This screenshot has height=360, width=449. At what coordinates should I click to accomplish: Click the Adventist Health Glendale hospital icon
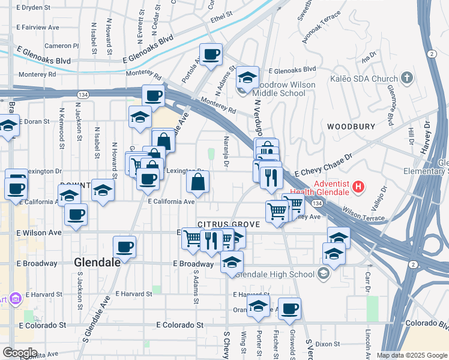tap(358, 187)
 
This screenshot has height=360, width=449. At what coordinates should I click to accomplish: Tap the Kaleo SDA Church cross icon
tap(407, 78)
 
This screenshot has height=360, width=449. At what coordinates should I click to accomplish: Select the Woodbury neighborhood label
tap(351, 127)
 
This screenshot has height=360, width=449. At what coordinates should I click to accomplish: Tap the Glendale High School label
tap(275, 274)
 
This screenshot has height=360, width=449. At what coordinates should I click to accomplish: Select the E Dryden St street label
tap(38, 8)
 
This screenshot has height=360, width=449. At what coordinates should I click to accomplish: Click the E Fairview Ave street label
tap(38, 27)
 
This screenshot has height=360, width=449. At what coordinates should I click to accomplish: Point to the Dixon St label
tap(328, 344)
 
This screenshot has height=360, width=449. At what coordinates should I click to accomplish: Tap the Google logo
tap(19, 352)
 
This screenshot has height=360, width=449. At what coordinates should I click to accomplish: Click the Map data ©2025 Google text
tap(411, 355)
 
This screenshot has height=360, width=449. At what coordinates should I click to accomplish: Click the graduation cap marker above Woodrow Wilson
tap(247, 78)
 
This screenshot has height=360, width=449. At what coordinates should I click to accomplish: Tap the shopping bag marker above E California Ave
tap(197, 182)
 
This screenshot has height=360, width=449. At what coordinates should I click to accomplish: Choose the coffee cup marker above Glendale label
tap(124, 247)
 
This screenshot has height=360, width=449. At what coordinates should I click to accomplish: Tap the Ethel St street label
tap(221, 16)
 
